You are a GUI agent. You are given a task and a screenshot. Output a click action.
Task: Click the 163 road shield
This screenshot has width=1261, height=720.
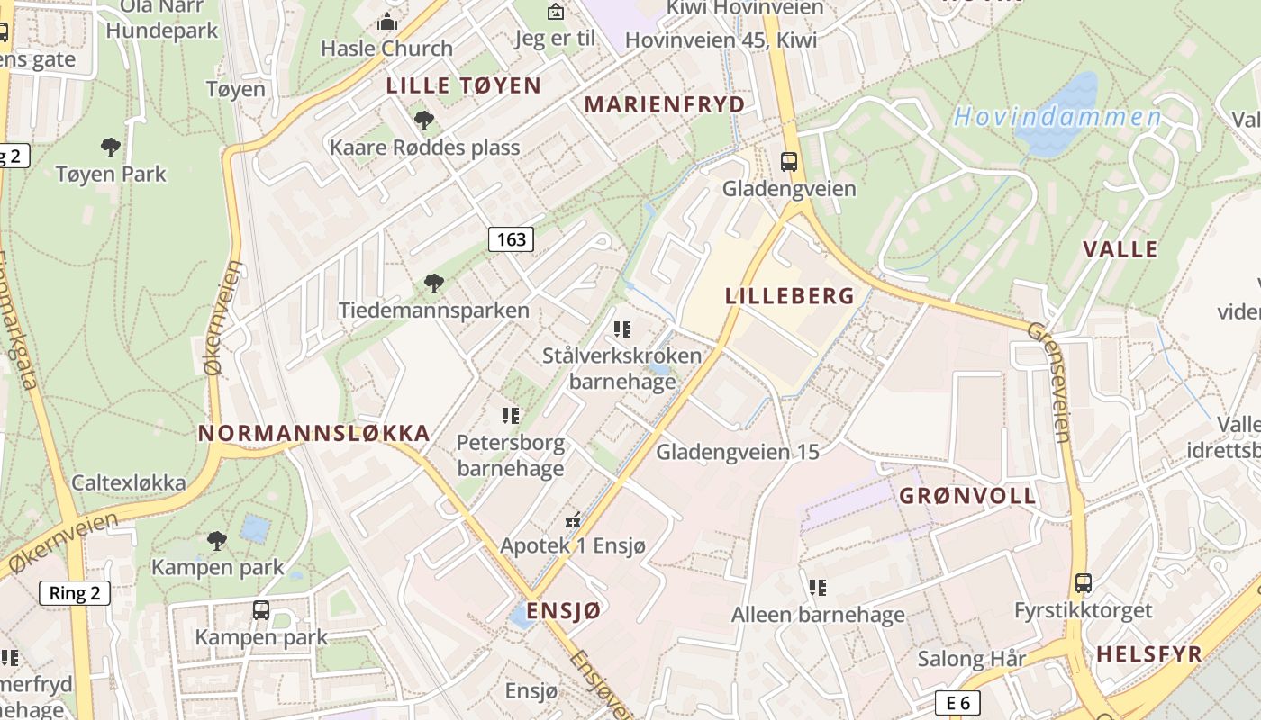pos(511,239)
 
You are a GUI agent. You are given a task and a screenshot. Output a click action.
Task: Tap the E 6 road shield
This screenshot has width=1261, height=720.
pos(957,703)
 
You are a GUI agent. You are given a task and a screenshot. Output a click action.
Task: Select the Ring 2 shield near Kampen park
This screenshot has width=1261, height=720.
pos(75,593)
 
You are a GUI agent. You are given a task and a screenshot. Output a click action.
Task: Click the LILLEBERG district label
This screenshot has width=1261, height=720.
pos(790,296)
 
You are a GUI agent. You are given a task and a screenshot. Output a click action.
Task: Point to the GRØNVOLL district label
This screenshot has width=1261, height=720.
pos(967,496)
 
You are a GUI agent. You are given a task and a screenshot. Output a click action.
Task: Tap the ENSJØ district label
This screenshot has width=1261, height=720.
pos(563,610)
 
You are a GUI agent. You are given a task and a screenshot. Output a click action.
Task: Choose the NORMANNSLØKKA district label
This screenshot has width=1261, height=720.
pos(313,433)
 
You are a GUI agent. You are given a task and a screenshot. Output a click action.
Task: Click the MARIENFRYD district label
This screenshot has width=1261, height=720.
pos(665,104)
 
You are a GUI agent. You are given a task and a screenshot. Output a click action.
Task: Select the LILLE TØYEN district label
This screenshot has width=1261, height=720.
pos(464,86)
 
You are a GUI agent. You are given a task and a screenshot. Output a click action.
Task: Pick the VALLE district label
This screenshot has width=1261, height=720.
pos(1120,249)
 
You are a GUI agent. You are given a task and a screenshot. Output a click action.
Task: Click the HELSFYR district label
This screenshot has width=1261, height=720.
pos(1149,654)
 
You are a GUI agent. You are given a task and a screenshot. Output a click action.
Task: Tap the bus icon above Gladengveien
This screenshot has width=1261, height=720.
pos(789,162)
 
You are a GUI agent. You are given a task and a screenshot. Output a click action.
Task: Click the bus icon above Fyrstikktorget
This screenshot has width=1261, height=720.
pos(1083,583)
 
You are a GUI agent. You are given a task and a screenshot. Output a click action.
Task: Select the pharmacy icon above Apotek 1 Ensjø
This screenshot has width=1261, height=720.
pos(573,520)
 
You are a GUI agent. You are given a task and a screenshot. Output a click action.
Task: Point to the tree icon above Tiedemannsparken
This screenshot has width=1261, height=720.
pos(434,284)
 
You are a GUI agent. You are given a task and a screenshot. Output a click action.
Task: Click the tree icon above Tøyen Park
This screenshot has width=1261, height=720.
pos(111,147)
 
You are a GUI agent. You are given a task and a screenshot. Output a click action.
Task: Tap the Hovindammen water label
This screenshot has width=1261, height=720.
pos(1057,117)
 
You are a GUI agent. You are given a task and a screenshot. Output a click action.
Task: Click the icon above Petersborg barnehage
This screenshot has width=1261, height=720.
pos(511,416)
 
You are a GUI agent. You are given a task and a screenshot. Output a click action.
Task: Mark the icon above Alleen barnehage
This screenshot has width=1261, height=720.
pos(818,589)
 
